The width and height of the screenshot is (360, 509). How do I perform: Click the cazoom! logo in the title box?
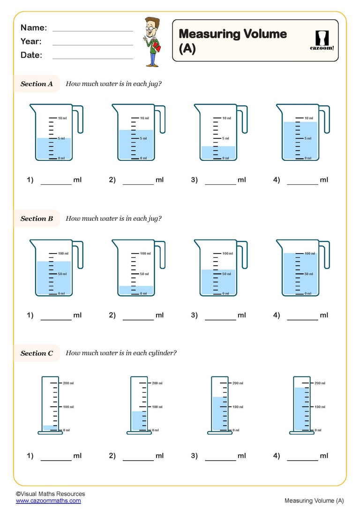[x=322, y=40]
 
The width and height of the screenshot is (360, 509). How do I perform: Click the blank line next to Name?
[x=93, y=30]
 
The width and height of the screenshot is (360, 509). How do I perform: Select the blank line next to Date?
[x=93, y=57]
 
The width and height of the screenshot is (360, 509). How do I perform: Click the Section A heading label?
[x=37, y=84]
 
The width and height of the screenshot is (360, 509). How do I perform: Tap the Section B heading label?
[x=37, y=218]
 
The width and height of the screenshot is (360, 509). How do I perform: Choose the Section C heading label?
[x=37, y=353]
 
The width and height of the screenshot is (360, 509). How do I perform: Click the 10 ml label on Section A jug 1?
[x=62, y=118]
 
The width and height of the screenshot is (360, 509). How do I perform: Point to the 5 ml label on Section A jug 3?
[x=226, y=138]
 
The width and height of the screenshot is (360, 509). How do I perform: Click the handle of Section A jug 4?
[x=325, y=119]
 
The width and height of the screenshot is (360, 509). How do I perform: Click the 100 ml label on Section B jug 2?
[x=145, y=254]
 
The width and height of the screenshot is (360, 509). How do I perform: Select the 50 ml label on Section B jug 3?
[x=226, y=274]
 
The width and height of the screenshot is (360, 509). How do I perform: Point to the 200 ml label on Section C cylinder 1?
[x=68, y=383]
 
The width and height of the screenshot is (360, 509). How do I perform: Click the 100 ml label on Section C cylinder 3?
[x=238, y=407]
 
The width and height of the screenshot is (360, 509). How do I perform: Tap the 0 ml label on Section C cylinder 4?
[x=318, y=430]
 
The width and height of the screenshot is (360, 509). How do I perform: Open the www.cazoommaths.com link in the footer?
[x=48, y=501]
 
